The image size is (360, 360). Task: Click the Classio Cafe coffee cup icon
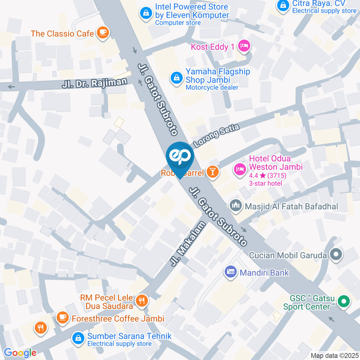pos(102,33)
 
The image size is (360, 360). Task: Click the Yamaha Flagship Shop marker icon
pos(175,78)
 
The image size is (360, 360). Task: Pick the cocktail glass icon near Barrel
pos(213,172)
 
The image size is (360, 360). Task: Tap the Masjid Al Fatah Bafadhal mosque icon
pos(235,205)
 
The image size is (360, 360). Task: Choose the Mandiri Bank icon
pos(230,272)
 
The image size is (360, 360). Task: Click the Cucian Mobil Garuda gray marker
pos(336,255)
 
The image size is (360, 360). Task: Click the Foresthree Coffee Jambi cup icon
pos(62,318)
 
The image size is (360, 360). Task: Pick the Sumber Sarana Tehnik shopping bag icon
pos(78,338)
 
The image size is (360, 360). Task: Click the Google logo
pos(20,352)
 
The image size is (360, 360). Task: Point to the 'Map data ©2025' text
pos(335,355)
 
